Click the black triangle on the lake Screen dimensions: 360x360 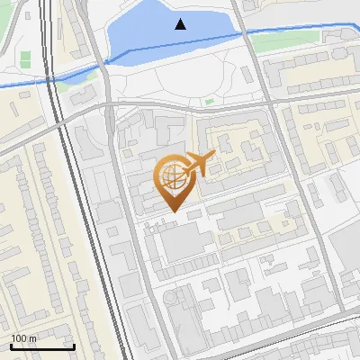click(x=181, y=24)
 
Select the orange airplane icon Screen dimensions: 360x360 click(x=199, y=164)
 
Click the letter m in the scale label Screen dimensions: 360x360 click(x=32, y=338)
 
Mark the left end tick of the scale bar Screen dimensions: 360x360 click(x=10, y=346)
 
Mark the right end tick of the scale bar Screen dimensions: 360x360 click(x=74, y=346)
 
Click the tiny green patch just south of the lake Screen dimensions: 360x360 click(x=209, y=102)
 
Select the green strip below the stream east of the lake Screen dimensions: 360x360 click(x=288, y=39)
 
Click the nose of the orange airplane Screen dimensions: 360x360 click(x=215, y=157)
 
